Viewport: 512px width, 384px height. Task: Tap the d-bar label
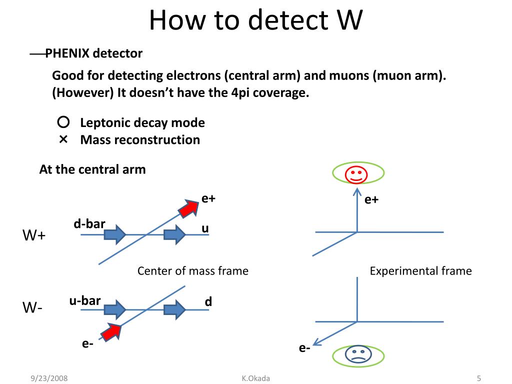[x=89, y=223]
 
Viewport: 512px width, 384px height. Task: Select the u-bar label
[x=85, y=300]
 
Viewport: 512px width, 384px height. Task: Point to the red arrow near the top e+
[x=188, y=208]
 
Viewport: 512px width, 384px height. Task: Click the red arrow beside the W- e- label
[x=111, y=330]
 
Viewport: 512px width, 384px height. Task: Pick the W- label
[x=32, y=308]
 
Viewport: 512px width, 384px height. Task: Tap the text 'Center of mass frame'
[x=192, y=271]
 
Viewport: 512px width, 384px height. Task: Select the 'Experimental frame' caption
[x=420, y=271]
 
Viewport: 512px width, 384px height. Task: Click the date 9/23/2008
[x=48, y=378]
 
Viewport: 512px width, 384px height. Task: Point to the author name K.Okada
[x=255, y=378]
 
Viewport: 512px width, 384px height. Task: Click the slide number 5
[x=478, y=378]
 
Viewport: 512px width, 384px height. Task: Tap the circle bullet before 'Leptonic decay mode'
[x=63, y=122]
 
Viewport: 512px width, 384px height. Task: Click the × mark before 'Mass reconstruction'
[x=63, y=139]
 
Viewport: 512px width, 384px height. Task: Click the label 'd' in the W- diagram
[x=208, y=302]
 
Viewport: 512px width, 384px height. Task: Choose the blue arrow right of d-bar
[x=115, y=234]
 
